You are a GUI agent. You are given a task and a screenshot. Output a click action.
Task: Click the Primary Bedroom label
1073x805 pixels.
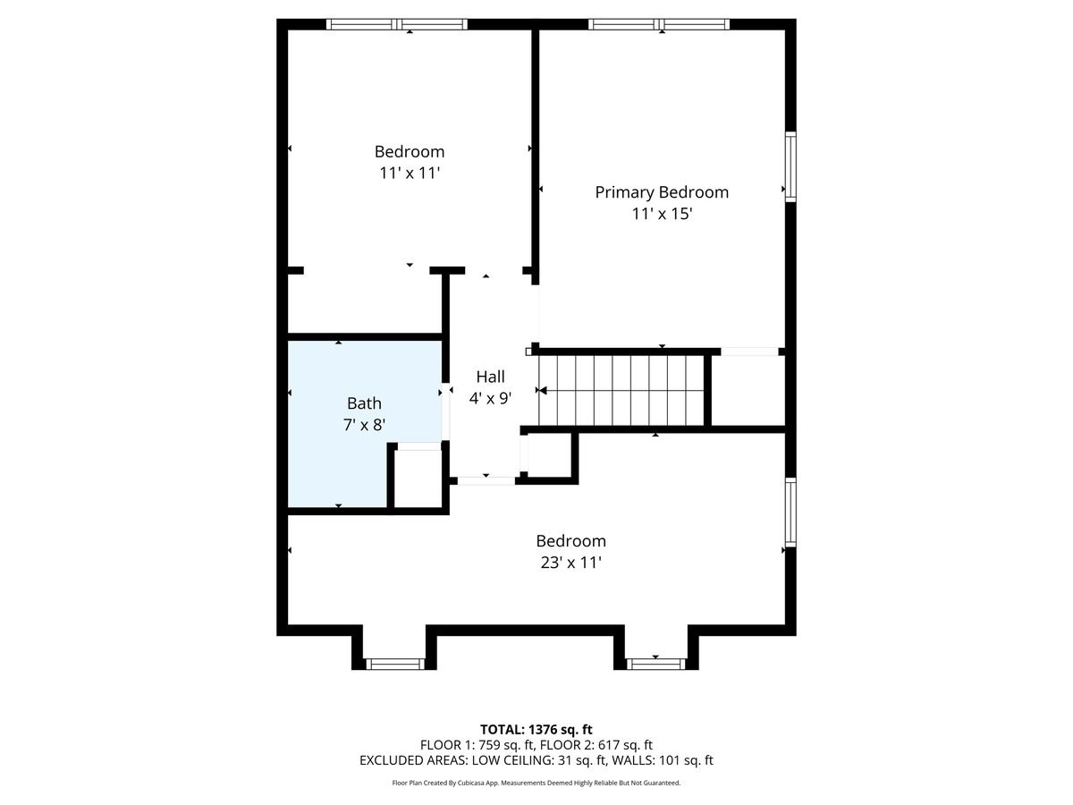[662, 192]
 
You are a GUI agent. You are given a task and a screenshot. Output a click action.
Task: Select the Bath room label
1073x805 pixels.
[364, 403]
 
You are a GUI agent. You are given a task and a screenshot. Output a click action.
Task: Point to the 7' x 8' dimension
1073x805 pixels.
[364, 425]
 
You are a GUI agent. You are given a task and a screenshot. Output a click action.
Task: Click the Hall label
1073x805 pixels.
[490, 377]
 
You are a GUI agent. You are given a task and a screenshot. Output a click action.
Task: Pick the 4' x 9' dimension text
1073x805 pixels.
[490, 399]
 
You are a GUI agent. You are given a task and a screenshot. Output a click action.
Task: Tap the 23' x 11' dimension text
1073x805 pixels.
[570, 563]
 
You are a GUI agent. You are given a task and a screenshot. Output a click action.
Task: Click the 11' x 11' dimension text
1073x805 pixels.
[409, 174]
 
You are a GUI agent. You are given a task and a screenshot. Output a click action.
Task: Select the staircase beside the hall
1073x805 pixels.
[621, 391]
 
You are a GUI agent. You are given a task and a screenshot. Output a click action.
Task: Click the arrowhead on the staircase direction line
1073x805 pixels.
[542, 391]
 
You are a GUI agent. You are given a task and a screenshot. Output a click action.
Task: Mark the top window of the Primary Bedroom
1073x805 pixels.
[659, 24]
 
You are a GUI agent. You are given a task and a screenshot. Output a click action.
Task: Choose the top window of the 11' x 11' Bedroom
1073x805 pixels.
[397, 24]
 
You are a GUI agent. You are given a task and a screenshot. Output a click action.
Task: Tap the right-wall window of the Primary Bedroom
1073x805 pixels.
[790, 167]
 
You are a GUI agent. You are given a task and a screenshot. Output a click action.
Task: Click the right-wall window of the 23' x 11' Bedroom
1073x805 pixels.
[790, 512]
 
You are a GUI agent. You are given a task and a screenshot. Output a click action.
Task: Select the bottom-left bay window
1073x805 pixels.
[395, 664]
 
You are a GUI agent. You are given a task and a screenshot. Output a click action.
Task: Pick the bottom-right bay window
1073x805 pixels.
[655, 664]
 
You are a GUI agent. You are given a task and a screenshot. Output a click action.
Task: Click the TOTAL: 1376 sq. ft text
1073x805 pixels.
[536, 730]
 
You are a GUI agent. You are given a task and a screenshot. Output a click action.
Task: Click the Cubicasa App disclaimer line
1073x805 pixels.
[536, 784]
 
